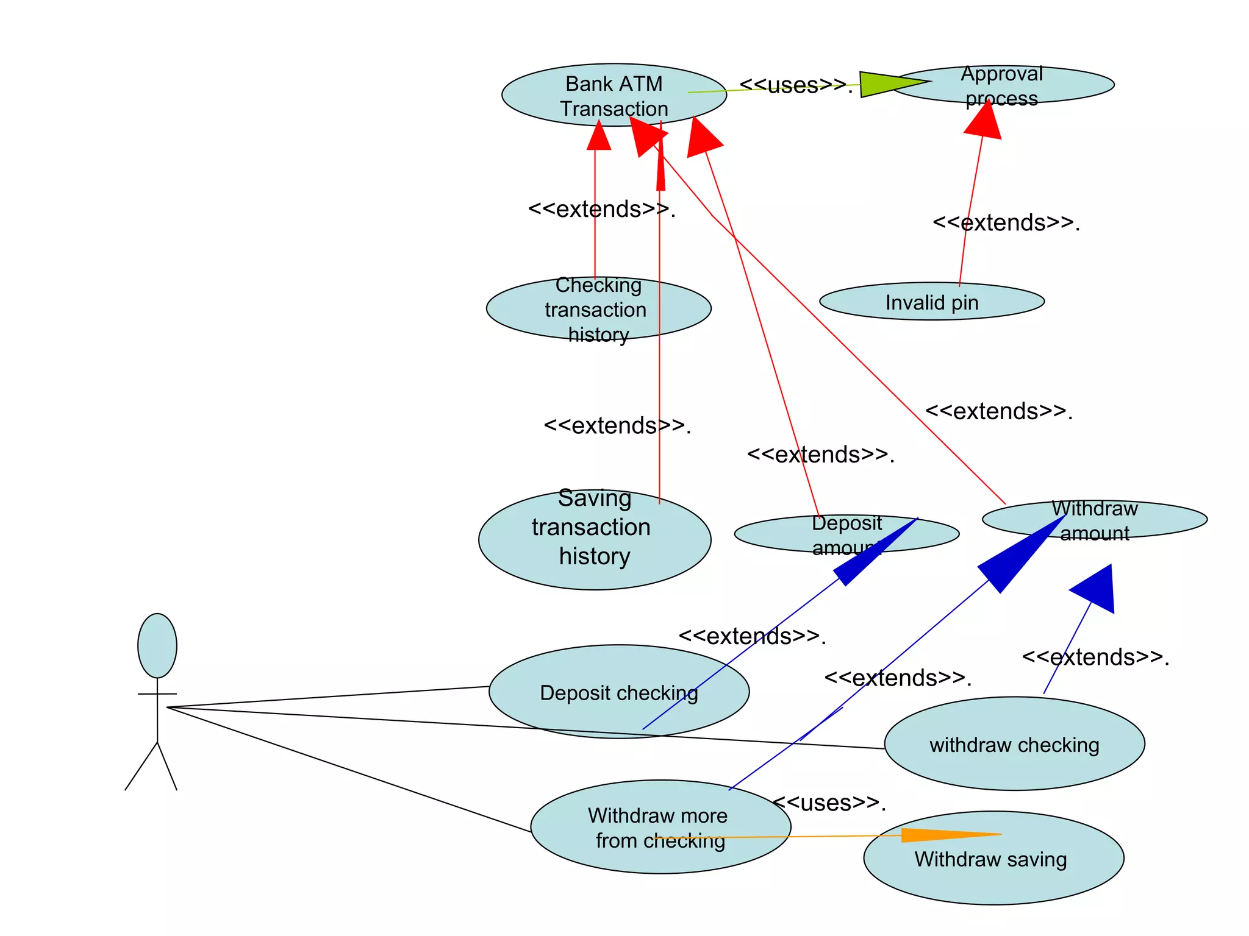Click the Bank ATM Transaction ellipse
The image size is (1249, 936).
click(x=614, y=95)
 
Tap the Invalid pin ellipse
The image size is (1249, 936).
click(x=932, y=301)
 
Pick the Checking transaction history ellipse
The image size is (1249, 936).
click(x=598, y=308)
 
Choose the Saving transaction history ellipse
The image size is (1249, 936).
click(x=595, y=540)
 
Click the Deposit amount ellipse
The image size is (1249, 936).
click(x=846, y=534)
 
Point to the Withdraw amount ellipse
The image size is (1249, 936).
click(x=1095, y=519)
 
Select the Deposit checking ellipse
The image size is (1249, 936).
click(x=619, y=692)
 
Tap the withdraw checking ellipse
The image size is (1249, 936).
click(x=1014, y=744)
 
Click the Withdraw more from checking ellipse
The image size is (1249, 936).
click(x=660, y=827)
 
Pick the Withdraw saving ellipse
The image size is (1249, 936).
click(x=993, y=858)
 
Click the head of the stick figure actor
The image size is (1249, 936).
click(x=157, y=645)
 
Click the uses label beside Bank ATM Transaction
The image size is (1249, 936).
click(x=796, y=85)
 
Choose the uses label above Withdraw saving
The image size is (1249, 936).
click(x=829, y=803)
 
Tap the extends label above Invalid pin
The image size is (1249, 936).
click(x=1006, y=222)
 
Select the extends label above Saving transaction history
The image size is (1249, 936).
click(x=617, y=425)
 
